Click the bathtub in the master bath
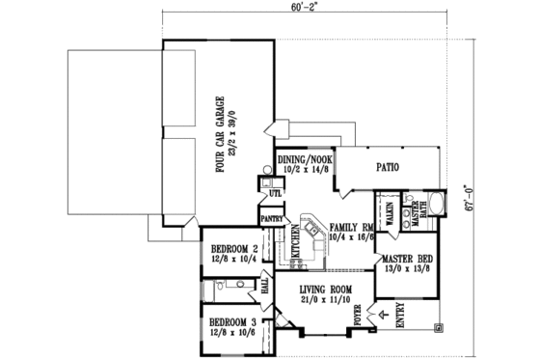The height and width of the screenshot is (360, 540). coord(436,206)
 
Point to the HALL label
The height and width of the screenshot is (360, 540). coord(263,287)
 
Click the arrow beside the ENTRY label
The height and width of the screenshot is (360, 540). coord(386,315)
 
